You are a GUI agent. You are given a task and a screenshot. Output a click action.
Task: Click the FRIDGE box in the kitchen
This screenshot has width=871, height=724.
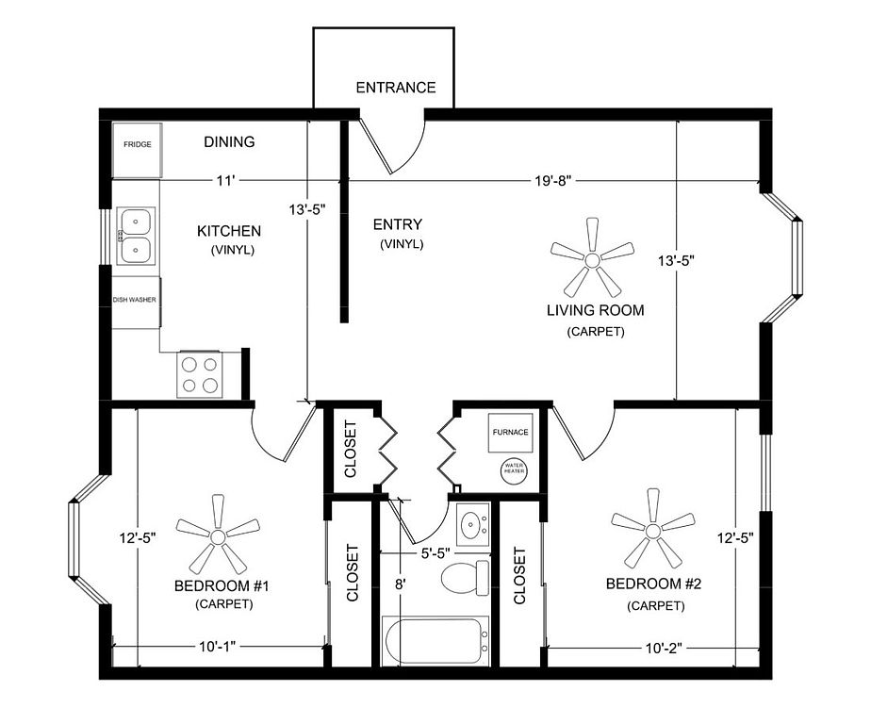(138, 150)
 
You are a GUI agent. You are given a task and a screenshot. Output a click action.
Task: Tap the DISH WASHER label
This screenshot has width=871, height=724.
(135, 300)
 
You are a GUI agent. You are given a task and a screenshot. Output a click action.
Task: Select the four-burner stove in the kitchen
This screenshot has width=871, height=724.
(200, 374)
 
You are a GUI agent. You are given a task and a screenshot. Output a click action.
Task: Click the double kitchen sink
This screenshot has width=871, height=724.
(136, 236)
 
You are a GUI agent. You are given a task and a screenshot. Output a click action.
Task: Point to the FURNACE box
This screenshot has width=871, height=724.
(511, 433)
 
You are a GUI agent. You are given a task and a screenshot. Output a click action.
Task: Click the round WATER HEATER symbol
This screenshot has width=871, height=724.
(514, 470)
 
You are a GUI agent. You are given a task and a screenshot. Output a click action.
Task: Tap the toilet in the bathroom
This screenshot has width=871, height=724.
(466, 578)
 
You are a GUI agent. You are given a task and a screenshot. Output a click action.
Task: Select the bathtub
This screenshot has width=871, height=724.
(436, 640)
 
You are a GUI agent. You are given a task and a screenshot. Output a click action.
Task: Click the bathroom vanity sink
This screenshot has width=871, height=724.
(473, 524)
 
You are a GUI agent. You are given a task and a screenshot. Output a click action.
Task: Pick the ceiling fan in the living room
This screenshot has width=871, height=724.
(592, 259)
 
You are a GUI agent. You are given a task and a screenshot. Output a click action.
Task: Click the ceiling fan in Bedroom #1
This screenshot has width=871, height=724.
(218, 535)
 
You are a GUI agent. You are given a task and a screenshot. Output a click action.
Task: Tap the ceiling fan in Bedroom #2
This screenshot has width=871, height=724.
(652, 529)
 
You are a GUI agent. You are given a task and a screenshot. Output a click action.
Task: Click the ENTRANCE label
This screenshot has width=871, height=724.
(396, 88)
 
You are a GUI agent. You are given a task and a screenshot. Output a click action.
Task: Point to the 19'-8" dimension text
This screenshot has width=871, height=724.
(553, 181)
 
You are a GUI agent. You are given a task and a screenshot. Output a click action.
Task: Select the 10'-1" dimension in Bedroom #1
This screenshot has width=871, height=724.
(218, 646)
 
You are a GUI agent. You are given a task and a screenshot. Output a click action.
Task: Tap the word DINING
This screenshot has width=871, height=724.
(229, 141)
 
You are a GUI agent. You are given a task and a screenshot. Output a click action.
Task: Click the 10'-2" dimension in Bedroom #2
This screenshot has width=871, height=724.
(664, 648)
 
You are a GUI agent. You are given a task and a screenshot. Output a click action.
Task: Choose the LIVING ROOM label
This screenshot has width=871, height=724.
(596, 310)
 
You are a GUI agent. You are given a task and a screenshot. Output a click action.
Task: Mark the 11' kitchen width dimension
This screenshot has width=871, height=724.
(225, 181)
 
